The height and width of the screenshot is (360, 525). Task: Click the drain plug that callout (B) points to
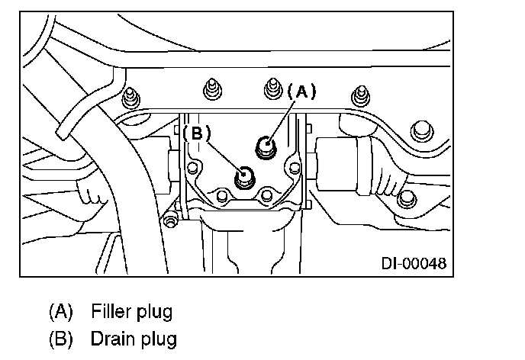tap(244, 177)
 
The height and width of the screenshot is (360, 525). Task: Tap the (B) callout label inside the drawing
tap(196, 132)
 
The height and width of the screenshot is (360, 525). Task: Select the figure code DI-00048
tap(413, 265)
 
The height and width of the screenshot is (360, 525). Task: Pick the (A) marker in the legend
tap(60, 311)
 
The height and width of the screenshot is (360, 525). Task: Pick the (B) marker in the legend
tap(60, 336)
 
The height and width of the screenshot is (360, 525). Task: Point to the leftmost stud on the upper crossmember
tap(132, 96)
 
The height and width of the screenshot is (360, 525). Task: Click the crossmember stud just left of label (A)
tap(272, 89)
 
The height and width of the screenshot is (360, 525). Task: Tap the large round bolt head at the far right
tap(420, 131)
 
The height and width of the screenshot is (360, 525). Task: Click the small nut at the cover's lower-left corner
tap(169, 220)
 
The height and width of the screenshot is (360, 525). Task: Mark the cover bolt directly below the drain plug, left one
tap(221, 197)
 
